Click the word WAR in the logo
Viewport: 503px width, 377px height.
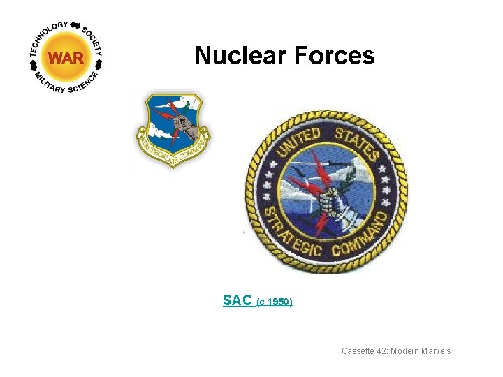click(x=66, y=58)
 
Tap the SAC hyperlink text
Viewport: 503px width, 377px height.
click(x=237, y=300)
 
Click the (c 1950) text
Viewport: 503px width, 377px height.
click(x=275, y=302)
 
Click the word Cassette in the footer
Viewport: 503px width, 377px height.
click(x=358, y=351)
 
